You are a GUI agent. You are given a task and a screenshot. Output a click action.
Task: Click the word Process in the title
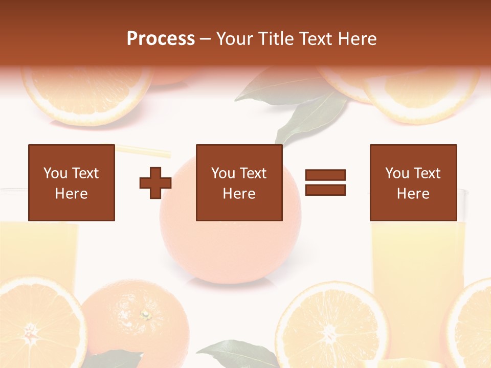click(161, 39)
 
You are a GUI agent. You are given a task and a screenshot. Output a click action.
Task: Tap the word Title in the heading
click(274, 39)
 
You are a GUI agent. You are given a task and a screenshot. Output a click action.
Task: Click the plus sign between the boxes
click(155, 182)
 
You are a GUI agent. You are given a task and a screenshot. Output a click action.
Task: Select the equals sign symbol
click(325, 182)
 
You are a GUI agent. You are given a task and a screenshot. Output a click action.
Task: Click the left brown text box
click(72, 182)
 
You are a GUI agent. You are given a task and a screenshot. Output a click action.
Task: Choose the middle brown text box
click(239, 182)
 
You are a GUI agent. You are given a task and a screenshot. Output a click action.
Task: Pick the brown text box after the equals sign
click(413, 182)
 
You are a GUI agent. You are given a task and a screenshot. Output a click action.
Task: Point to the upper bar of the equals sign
click(325, 175)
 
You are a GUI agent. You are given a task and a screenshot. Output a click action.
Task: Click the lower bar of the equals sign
click(325, 190)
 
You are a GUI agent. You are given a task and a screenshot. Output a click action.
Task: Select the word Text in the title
click(314, 39)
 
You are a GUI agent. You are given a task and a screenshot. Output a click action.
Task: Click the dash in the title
click(206, 39)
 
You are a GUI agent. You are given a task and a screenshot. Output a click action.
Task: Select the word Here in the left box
click(72, 194)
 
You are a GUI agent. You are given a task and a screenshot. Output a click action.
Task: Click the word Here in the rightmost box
click(413, 194)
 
